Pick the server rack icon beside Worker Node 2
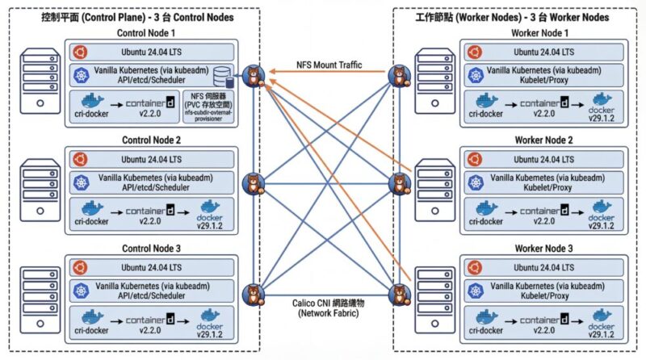tap(435, 190)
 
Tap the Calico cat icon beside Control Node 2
tap(255, 183)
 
